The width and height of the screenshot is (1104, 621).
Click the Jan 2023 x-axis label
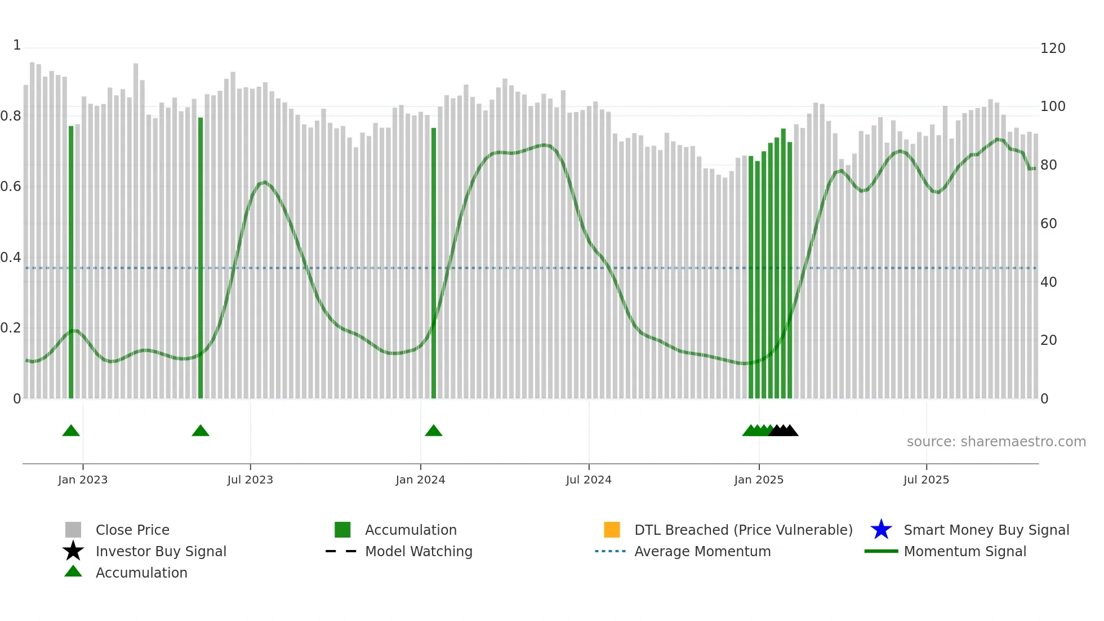82,480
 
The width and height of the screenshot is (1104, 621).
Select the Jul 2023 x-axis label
250,480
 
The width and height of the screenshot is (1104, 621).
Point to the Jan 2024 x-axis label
420,480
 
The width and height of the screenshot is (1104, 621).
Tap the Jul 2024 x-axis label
589,480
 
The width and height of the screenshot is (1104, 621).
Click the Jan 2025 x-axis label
759,480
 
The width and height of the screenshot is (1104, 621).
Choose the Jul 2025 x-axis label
926,480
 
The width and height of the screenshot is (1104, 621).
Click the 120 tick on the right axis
1053,48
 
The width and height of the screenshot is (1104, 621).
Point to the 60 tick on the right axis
1049,224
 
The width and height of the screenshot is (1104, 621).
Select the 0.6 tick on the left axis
11,187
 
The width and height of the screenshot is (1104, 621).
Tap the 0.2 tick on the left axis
11,328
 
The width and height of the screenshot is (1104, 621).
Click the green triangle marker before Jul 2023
201,431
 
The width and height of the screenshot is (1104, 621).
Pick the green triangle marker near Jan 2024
434,431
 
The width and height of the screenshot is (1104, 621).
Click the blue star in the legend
881,530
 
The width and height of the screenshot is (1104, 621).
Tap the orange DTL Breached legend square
612,530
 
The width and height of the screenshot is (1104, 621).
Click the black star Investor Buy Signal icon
73,551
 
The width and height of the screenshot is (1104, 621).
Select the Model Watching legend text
419,551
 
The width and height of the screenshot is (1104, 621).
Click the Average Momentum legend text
702,551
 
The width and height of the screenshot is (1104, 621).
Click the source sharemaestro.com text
996,442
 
